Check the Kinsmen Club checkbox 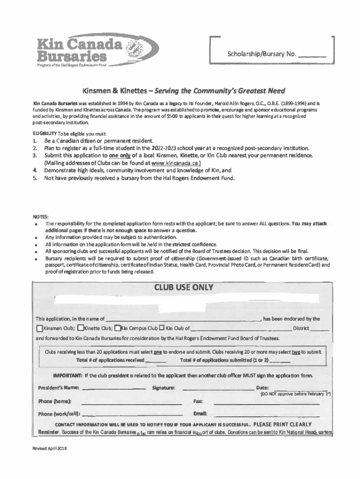click(x=39, y=328)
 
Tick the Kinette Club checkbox click(x=80, y=328)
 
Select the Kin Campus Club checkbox click(x=118, y=328)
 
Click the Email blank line click(x=266, y=414)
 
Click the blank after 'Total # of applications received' click(x=155, y=360)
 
